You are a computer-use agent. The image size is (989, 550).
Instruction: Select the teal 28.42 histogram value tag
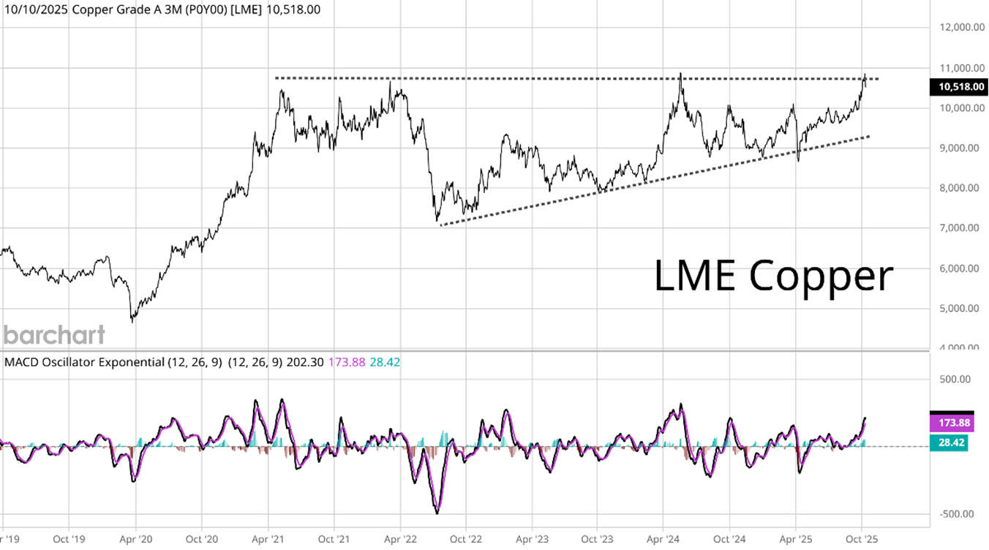(x=949, y=443)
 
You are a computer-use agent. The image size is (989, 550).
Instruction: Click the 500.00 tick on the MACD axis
(x=956, y=379)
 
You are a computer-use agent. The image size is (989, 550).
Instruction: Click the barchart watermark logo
(x=53, y=335)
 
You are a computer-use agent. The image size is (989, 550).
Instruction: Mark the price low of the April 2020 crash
(x=132, y=320)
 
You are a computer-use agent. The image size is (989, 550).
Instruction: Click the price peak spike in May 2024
(x=681, y=73)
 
